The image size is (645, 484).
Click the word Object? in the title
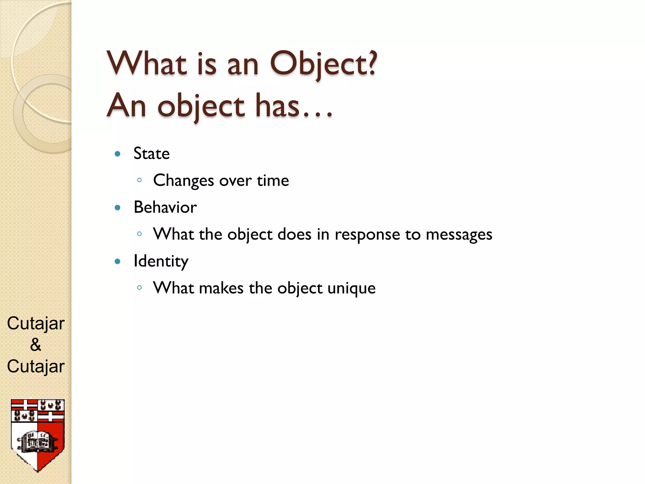coord(323,65)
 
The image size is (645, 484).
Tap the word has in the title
coord(277,107)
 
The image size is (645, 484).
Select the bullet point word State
coord(151,154)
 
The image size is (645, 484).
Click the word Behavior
coord(165,207)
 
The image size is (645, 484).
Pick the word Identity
coord(161,262)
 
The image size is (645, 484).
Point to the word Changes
coord(184,181)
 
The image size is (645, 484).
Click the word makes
coord(221,288)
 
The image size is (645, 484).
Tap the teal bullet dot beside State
coord(118,154)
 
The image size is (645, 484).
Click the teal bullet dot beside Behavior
coord(118,208)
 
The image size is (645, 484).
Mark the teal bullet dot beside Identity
coord(118,261)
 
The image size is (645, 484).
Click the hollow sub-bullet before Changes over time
coord(140,180)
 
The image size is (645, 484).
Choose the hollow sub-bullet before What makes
coord(140,287)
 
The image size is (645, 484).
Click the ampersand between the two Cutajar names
coord(36,344)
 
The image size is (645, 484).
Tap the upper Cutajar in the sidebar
coord(36,323)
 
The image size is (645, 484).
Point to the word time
coord(273,181)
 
